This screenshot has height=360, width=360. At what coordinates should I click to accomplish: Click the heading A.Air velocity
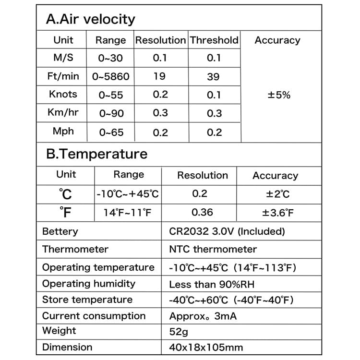pos(90,19)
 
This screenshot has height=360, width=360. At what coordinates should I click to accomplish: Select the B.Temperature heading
pos(96,154)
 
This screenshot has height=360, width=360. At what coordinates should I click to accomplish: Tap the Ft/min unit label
pos(63,76)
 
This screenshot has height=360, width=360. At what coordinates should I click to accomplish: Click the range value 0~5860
pos(111,76)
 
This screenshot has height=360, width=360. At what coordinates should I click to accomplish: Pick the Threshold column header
pos(214,40)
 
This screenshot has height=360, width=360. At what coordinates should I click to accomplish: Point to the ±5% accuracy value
pos(279,95)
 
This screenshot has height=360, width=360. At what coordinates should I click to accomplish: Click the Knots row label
pos(63,94)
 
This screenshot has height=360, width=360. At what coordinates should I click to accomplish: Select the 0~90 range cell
pos(111,113)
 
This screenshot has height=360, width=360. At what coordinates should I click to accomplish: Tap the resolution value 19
pos(160,76)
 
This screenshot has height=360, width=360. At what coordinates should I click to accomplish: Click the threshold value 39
pos(214,76)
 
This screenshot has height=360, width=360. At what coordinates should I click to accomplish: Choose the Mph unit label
pos(63,131)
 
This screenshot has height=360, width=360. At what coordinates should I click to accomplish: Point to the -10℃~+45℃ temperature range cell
pos(128,194)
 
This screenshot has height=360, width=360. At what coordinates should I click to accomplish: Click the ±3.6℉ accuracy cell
pos(278,213)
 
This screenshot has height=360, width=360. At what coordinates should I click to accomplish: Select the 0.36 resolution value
pos(202,212)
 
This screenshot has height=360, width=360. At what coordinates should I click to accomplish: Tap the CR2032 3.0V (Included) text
pos(227,231)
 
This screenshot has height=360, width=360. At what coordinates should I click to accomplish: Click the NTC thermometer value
pos(213,249)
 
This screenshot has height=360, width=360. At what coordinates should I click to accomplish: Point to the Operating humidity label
pos(89,284)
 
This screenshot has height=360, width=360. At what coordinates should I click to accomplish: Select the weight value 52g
pos(179,331)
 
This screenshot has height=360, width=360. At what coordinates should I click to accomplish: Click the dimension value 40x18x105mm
pos(206,348)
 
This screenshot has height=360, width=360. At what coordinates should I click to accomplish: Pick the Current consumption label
pos(94,316)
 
